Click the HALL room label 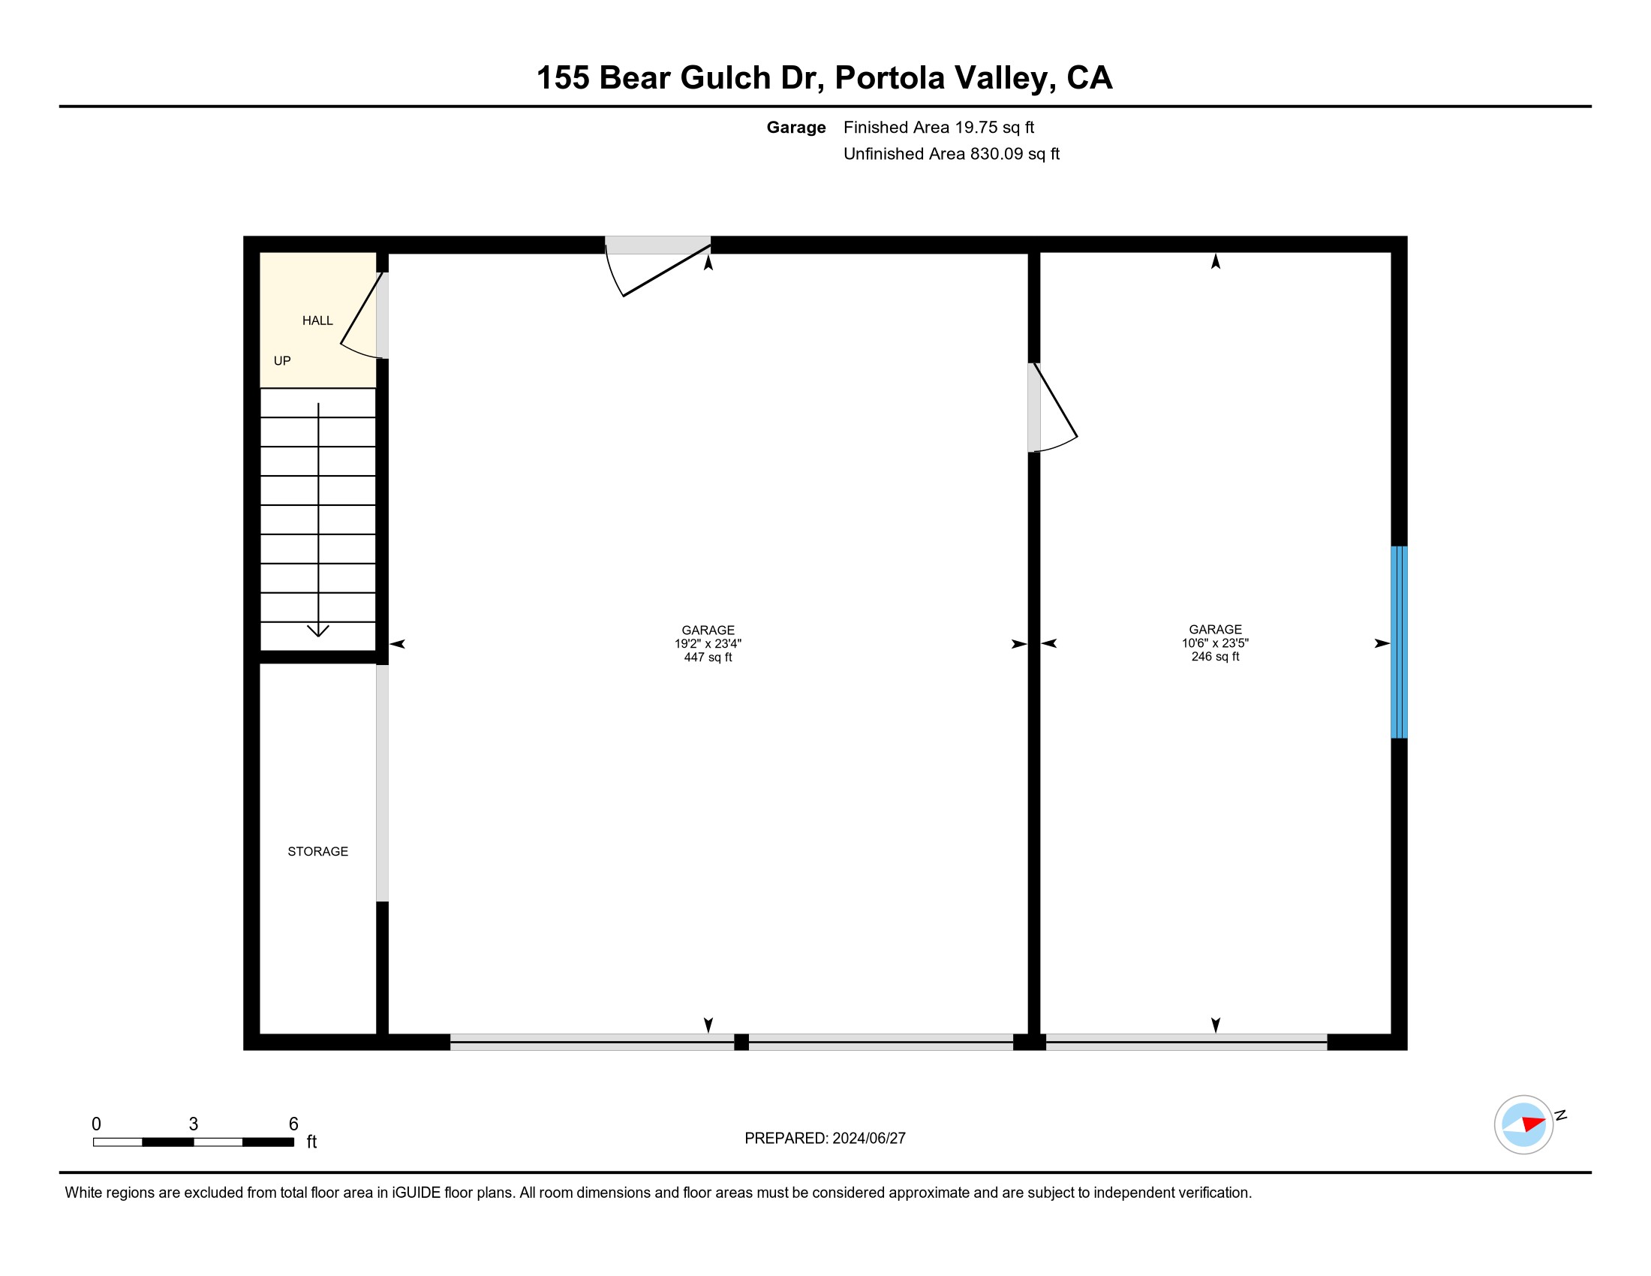click(x=317, y=321)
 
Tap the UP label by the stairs click(x=282, y=360)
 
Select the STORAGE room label click(x=317, y=851)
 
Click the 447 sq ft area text click(x=708, y=657)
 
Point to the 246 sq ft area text click(x=1215, y=656)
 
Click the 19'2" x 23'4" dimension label click(x=708, y=643)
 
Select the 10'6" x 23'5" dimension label click(x=1215, y=643)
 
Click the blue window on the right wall click(x=1399, y=642)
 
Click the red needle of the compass click(x=1534, y=1124)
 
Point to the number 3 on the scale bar click(x=194, y=1124)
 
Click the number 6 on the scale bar click(x=293, y=1124)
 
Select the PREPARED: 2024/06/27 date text click(x=825, y=1139)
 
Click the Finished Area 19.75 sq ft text click(x=938, y=127)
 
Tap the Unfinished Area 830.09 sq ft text click(x=951, y=153)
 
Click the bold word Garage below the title click(x=795, y=127)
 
